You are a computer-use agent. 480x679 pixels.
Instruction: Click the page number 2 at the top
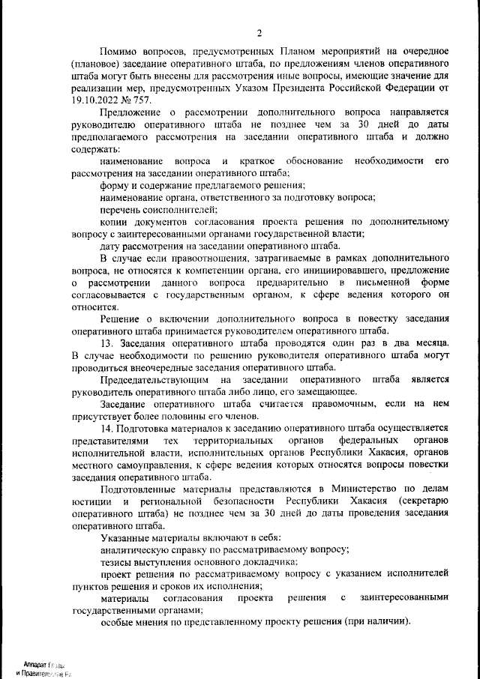pos(259,32)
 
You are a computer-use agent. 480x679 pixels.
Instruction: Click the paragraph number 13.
pos(106,343)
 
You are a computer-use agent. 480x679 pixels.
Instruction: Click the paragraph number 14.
pos(106,427)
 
